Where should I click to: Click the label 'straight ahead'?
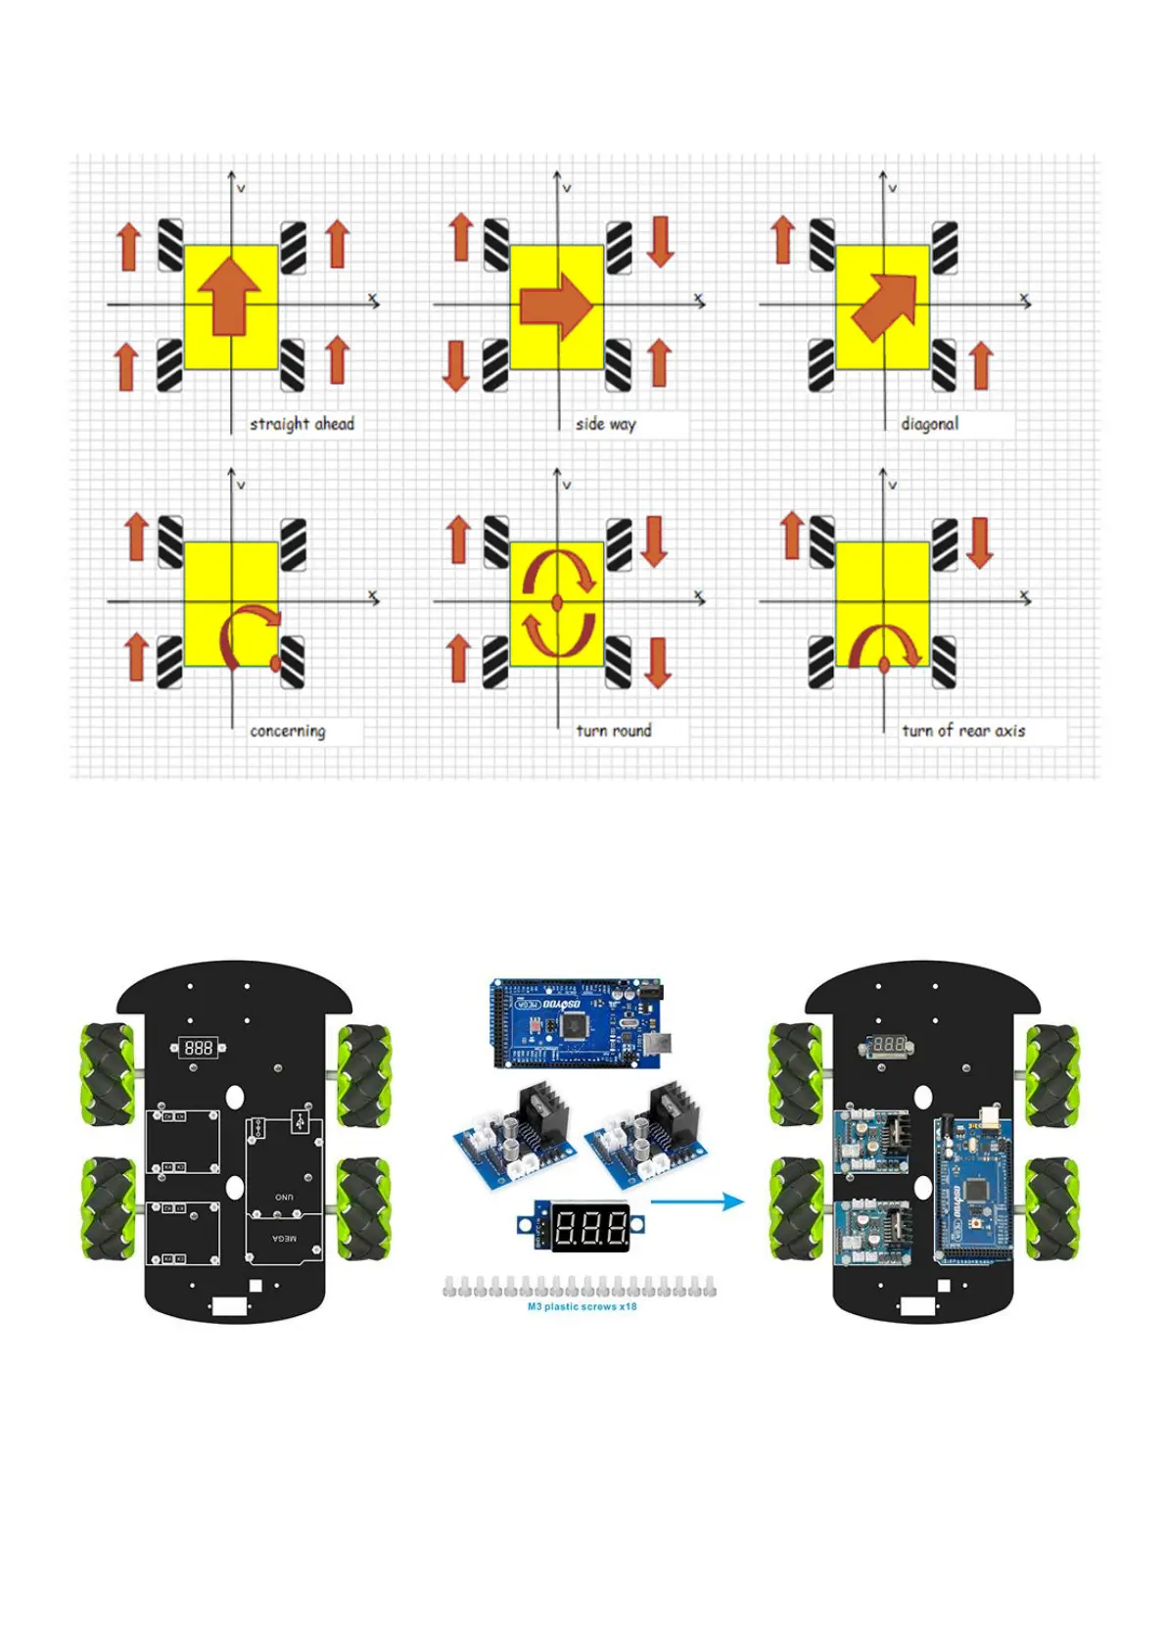click(302, 424)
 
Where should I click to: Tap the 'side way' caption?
click(605, 424)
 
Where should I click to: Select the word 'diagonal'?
click(929, 424)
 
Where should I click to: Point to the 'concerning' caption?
click(287, 730)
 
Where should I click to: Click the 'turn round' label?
click(613, 730)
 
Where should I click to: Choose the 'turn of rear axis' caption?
click(963, 730)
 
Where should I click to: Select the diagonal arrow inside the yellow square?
click(885, 306)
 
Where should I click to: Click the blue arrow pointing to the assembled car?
click(697, 1201)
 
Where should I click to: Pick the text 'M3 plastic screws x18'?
click(582, 1306)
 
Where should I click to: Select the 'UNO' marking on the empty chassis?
click(284, 1197)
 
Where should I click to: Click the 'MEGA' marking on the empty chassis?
click(284, 1239)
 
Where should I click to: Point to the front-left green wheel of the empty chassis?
click(108, 1074)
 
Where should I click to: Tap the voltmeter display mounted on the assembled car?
click(888, 1045)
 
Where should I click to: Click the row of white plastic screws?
click(580, 1287)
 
